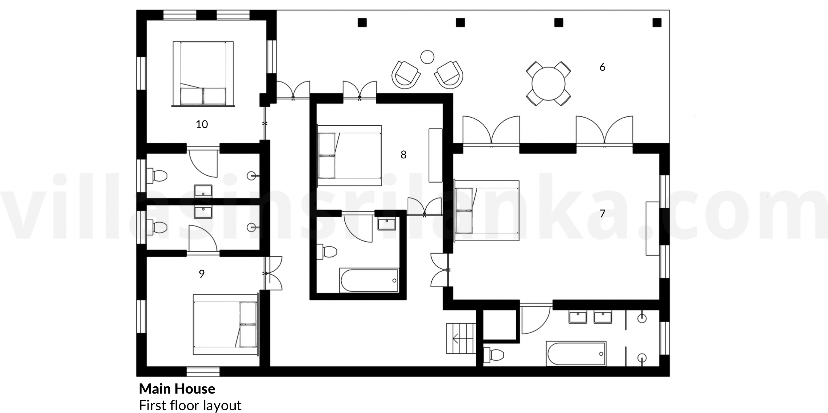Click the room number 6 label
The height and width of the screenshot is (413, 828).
pyautogui.click(x=602, y=67)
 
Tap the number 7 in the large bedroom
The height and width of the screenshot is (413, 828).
pyautogui.click(x=602, y=213)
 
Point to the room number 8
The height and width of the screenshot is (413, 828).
pyautogui.click(x=403, y=154)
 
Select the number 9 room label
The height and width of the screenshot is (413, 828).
pyautogui.click(x=202, y=274)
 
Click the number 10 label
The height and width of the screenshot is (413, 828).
pyautogui.click(x=202, y=124)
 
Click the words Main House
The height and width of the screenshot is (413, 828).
pyautogui.click(x=177, y=389)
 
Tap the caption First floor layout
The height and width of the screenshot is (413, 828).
pyautogui.click(x=190, y=405)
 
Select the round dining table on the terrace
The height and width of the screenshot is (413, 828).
pyautogui.click(x=548, y=84)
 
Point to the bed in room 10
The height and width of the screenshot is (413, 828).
pyautogui.click(x=203, y=74)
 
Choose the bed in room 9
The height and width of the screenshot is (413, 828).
pyautogui.click(x=226, y=324)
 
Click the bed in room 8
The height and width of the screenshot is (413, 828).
pyautogui.click(x=350, y=156)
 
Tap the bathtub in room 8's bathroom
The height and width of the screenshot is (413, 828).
pyautogui.click(x=369, y=280)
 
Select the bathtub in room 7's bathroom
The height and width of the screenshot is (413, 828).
pyautogui.click(x=576, y=354)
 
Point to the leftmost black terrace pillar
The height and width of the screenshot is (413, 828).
pyautogui.click(x=362, y=23)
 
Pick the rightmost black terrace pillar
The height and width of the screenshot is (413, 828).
pyautogui.click(x=657, y=23)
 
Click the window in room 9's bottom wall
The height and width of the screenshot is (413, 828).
pyautogui.click(x=203, y=371)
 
